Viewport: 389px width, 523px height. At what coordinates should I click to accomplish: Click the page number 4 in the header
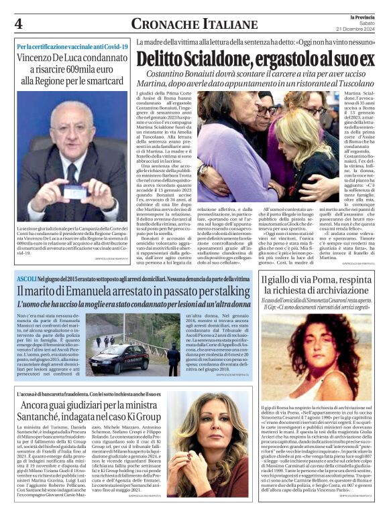(17, 24)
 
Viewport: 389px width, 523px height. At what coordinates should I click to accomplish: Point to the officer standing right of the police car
(174, 358)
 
